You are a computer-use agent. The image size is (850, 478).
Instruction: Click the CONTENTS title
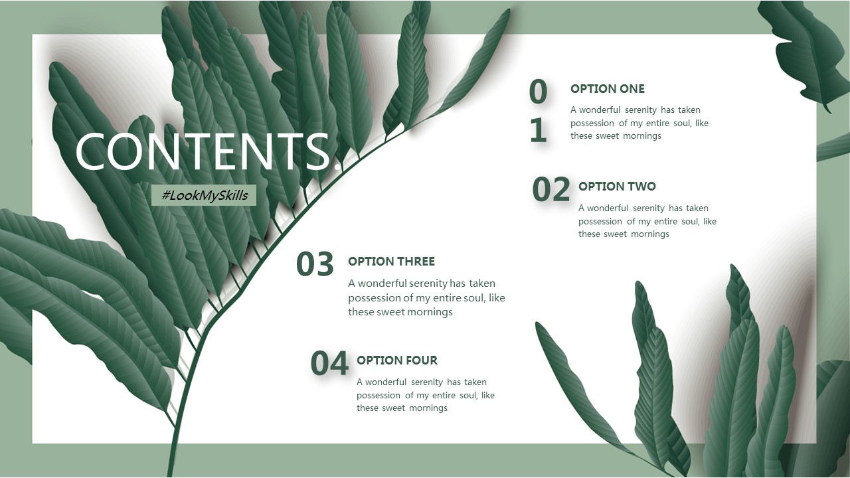click(x=205, y=151)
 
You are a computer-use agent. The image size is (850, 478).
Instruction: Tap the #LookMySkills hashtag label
click(x=204, y=195)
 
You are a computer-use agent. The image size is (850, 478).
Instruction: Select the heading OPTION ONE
click(x=608, y=89)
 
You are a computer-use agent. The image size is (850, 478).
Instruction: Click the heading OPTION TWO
click(x=617, y=187)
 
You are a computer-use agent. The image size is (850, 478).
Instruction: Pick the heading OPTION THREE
click(x=391, y=262)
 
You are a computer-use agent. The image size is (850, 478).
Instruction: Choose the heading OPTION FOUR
click(x=397, y=360)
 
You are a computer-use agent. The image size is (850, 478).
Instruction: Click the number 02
click(x=551, y=189)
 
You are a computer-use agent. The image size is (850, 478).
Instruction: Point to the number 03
click(x=315, y=264)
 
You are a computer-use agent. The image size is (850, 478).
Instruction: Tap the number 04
click(x=329, y=363)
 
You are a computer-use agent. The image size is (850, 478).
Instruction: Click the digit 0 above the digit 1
click(x=538, y=92)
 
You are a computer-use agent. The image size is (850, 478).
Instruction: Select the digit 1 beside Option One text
click(x=539, y=129)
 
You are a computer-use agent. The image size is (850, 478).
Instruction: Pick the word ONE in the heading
click(x=632, y=89)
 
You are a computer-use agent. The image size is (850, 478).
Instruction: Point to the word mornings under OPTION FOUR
click(x=428, y=408)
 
